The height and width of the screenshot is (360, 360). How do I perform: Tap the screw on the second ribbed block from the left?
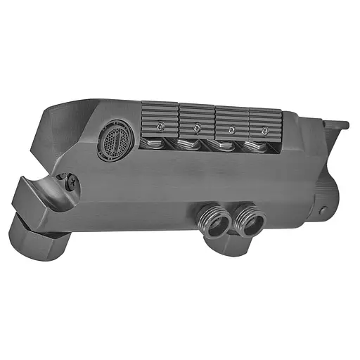[197, 128]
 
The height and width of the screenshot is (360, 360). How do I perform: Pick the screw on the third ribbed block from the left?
[230, 129]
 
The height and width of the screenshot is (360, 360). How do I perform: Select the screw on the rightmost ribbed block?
[264, 131]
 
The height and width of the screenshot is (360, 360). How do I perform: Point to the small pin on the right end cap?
[323, 210]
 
